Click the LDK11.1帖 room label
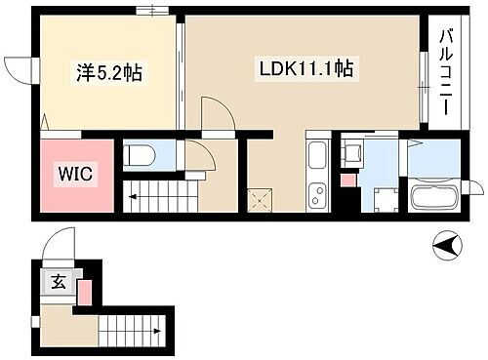coord(305,70)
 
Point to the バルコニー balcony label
coord(446,73)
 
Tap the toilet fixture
coord(142,154)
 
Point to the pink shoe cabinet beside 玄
coord(84,291)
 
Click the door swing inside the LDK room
coord(217,111)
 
